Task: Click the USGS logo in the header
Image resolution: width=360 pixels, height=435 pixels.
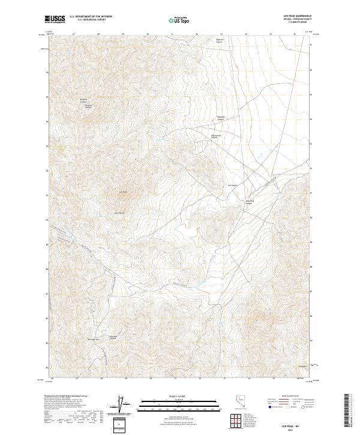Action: (x=55, y=19)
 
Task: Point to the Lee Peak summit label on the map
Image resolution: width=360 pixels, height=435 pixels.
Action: (x=123, y=192)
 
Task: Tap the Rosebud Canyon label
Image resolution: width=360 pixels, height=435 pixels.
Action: (x=221, y=118)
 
